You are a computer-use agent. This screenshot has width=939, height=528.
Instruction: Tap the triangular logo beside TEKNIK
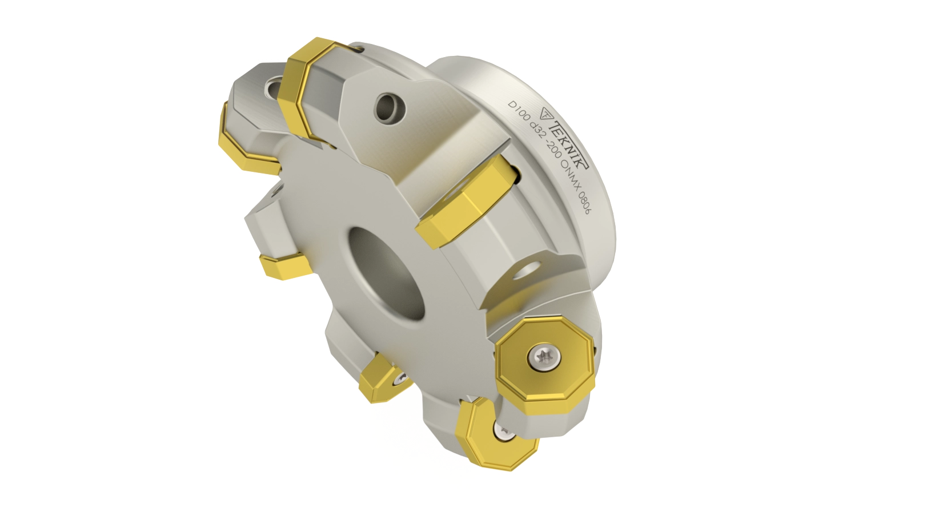point(545,113)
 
